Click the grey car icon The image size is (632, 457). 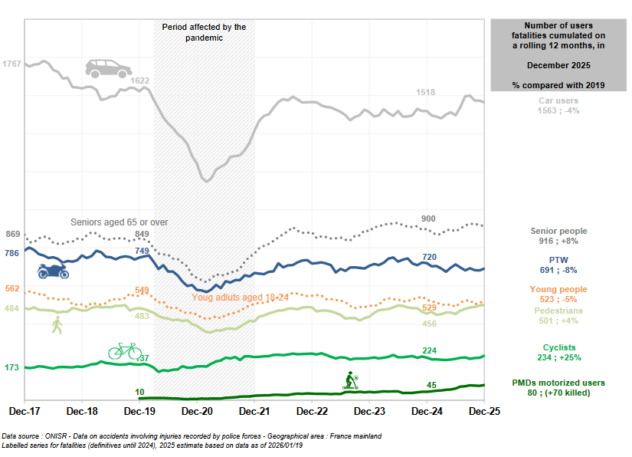[x=107, y=67]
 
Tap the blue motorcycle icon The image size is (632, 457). [x=54, y=271]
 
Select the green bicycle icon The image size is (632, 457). [x=124, y=350]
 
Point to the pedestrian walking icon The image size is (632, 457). [x=57, y=325]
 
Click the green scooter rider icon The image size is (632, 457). [x=352, y=380]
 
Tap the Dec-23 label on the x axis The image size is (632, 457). [x=368, y=411]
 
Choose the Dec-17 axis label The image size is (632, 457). [x=25, y=411]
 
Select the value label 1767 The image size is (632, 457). [x=12, y=63]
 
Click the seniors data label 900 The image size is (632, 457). [x=428, y=219]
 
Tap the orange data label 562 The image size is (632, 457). [x=12, y=289]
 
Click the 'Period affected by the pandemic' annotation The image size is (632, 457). [x=204, y=32]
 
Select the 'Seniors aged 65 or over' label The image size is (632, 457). [x=119, y=222]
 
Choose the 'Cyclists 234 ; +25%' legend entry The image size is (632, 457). [x=558, y=353]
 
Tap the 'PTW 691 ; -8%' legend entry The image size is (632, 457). [x=558, y=265]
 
